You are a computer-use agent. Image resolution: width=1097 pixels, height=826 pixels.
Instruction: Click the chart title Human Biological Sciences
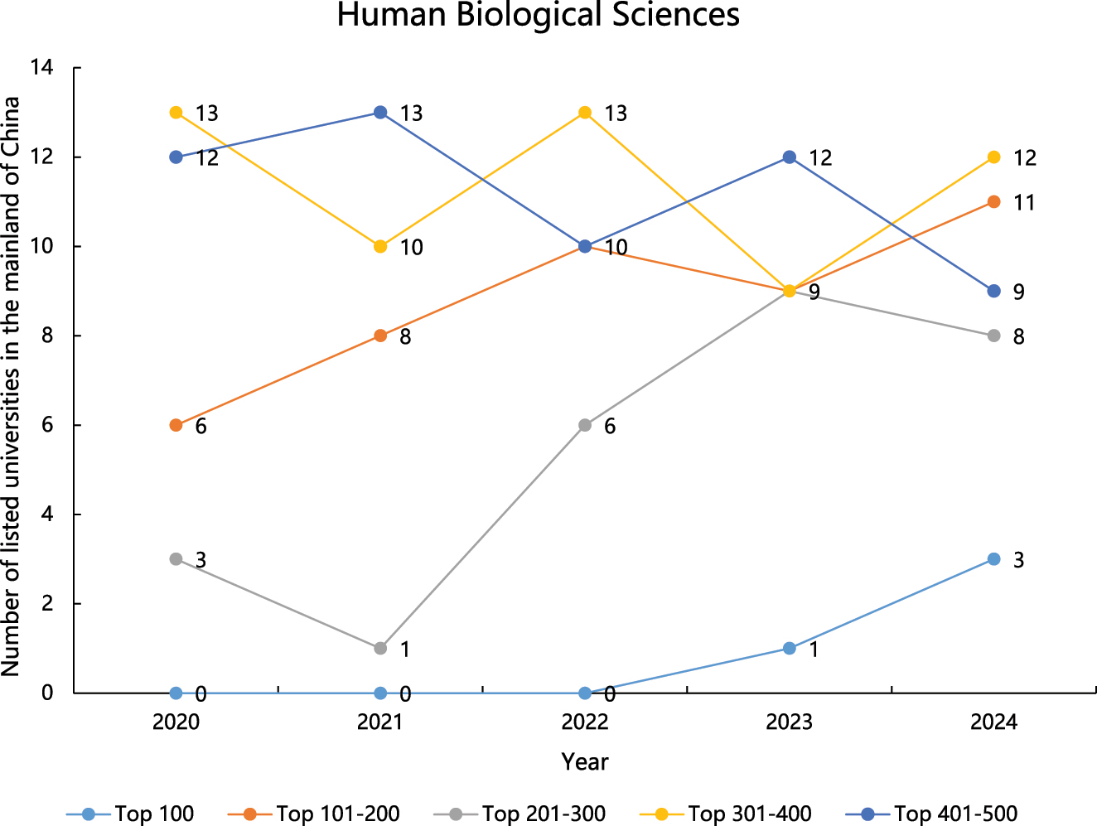coord(538,16)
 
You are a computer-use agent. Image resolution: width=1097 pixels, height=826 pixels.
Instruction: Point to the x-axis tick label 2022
coord(585,722)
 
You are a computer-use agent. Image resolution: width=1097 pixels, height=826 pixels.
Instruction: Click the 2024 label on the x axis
coord(993,722)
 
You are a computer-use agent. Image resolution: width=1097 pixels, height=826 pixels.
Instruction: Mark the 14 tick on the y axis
coord(41,68)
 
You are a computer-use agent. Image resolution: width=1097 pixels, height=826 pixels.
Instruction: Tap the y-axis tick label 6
coord(47,425)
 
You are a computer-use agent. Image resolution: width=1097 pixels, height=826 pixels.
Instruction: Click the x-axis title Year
coord(585,762)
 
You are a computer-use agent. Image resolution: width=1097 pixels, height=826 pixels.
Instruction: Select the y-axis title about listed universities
coord(11,386)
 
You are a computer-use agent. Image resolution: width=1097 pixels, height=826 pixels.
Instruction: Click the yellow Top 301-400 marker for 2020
coord(176,113)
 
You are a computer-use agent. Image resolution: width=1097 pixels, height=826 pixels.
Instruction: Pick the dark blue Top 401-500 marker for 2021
coord(380,113)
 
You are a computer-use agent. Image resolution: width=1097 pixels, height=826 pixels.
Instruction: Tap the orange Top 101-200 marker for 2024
coord(994,202)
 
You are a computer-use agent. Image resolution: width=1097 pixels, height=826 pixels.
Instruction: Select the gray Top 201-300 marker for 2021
coord(380,648)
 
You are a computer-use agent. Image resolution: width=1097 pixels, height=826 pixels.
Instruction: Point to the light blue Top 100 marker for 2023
coord(790,648)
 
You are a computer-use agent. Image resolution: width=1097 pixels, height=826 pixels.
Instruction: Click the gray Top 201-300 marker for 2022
coord(585,425)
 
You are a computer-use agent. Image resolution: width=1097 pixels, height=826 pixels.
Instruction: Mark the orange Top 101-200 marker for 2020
coord(176,425)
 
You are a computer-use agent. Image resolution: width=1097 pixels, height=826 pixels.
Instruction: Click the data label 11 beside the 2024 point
coord(1024,203)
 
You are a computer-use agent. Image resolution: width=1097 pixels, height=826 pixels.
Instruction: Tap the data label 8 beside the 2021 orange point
coord(405,337)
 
